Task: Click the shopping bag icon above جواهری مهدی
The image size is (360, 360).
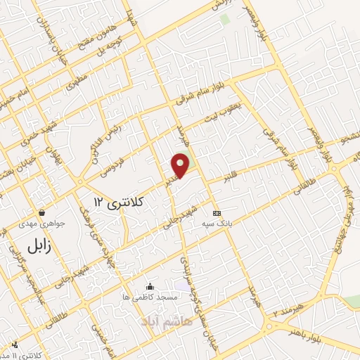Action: pyautogui.click(x=43, y=212)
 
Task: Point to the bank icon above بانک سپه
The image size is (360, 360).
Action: pyautogui.click(x=217, y=212)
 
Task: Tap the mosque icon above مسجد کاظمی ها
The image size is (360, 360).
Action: pyautogui.click(x=149, y=286)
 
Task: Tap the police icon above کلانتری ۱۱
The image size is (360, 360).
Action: pyautogui.click(x=15, y=345)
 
